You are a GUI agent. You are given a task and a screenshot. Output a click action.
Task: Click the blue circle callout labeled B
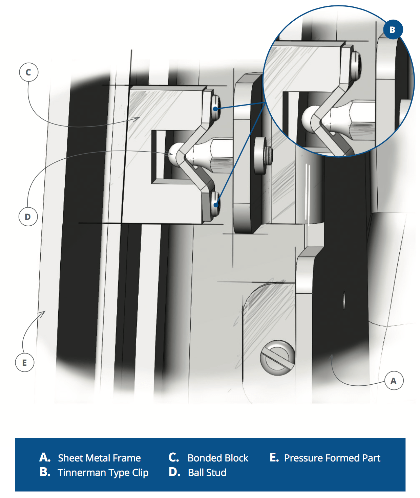[393, 30]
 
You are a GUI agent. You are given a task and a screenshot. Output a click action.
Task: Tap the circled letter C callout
[28, 72]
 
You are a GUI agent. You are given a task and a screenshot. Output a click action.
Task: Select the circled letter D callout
[28, 217]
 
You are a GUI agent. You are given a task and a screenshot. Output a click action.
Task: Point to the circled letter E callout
[24, 363]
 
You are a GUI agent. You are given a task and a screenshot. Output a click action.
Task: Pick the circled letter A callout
[394, 381]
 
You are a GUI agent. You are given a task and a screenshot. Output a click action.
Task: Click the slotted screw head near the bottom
[277, 358]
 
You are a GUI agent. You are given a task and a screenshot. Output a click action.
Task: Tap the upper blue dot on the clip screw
[216, 109]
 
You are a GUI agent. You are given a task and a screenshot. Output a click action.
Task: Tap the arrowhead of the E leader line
[44, 312]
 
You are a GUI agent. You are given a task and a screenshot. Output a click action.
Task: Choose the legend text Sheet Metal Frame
[99, 458]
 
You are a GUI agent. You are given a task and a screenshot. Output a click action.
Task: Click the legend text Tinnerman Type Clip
[103, 473]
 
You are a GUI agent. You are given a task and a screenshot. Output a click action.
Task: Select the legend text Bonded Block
[218, 458]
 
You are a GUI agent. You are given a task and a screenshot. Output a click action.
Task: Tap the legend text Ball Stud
[207, 473]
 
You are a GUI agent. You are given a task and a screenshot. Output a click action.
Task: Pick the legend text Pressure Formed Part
[332, 458]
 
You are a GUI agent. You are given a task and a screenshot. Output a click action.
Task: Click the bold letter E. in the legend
[274, 457]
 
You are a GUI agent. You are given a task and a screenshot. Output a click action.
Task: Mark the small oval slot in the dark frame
[344, 300]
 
